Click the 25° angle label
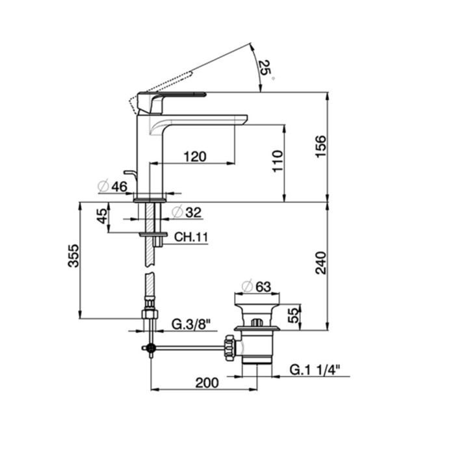coord(266,69)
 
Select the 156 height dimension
coord(321,146)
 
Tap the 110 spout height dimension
coord(278,161)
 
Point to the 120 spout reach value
coord(195,157)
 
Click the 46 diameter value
coord(119,187)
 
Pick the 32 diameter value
coord(193,213)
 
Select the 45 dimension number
coord(102,216)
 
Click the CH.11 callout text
coord(191,237)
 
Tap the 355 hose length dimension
coord(73,256)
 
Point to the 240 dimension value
coord(321,263)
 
